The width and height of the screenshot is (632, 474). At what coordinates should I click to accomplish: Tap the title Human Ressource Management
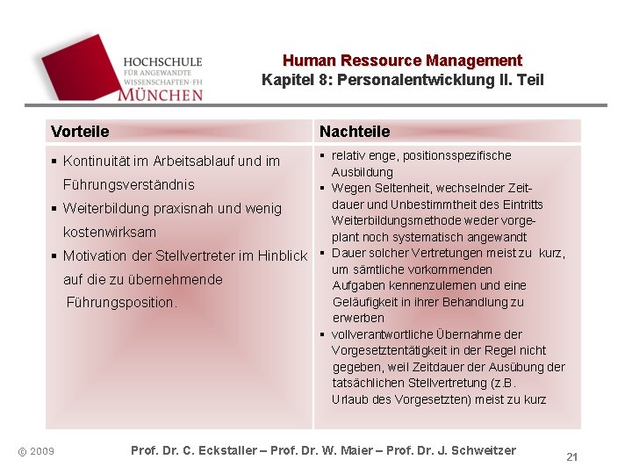tap(402, 61)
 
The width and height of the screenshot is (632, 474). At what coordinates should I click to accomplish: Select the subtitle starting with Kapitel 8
tap(402, 80)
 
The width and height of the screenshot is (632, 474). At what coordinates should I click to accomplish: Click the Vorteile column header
tap(80, 132)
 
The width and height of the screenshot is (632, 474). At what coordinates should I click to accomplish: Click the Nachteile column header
tap(355, 132)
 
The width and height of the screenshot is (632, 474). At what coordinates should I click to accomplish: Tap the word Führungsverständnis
tap(129, 185)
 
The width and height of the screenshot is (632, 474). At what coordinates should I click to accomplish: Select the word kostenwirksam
tap(110, 233)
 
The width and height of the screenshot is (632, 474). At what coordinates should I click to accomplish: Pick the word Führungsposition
tap(122, 303)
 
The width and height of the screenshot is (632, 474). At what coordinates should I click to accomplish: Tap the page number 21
tap(571, 457)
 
